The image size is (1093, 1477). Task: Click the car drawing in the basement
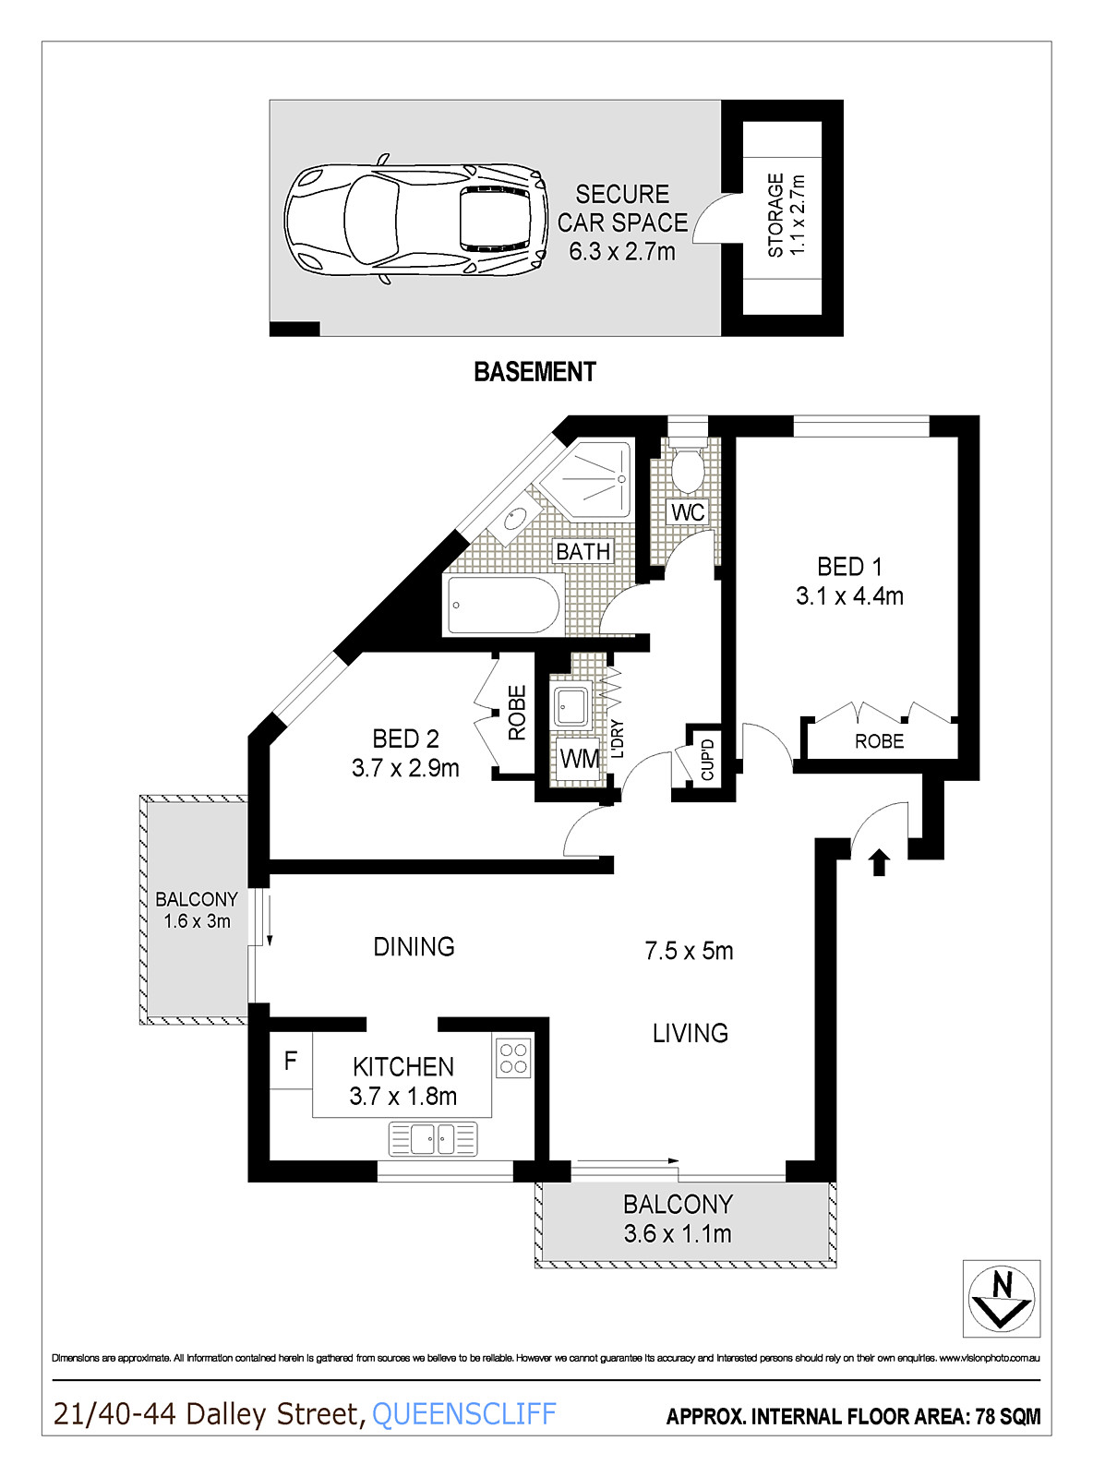(x=414, y=220)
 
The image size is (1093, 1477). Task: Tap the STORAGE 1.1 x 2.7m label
(x=787, y=215)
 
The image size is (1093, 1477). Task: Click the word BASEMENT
(x=534, y=372)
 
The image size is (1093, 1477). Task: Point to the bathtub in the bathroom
(x=503, y=606)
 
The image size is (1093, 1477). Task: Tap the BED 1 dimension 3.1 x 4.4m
(x=849, y=596)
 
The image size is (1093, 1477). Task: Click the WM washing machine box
(x=580, y=759)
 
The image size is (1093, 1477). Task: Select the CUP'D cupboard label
(x=708, y=759)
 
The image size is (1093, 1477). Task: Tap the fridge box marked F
(x=291, y=1061)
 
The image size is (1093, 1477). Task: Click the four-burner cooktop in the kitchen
(x=513, y=1059)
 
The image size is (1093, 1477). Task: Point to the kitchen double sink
(x=433, y=1139)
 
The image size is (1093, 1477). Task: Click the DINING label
(x=414, y=946)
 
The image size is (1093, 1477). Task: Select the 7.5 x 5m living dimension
(x=689, y=951)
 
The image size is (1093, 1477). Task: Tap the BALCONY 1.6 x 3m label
(x=197, y=910)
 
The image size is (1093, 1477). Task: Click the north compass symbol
(x=1002, y=1298)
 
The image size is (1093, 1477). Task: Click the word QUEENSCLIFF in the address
(x=463, y=1414)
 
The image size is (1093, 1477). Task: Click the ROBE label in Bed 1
(x=879, y=741)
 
